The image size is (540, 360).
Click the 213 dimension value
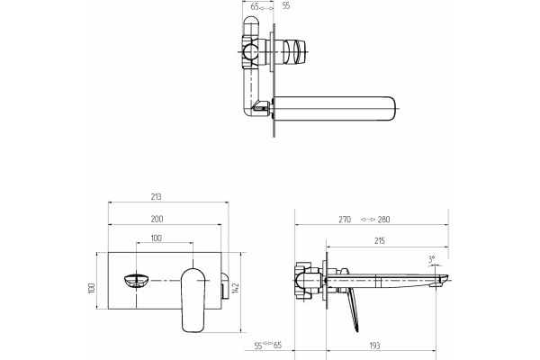[x=156, y=197]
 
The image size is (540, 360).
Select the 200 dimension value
[x=157, y=219]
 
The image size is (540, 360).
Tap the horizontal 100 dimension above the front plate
[x=157, y=238]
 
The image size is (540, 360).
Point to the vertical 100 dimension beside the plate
[x=92, y=288]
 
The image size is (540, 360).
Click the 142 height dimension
[x=236, y=288]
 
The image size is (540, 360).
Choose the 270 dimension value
[x=345, y=220]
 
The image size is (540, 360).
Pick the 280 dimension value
[x=383, y=220]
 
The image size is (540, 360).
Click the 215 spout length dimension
[x=379, y=241]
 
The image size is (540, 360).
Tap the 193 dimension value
[x=374, y=346]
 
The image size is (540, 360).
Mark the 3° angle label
[x=431, y=259]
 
